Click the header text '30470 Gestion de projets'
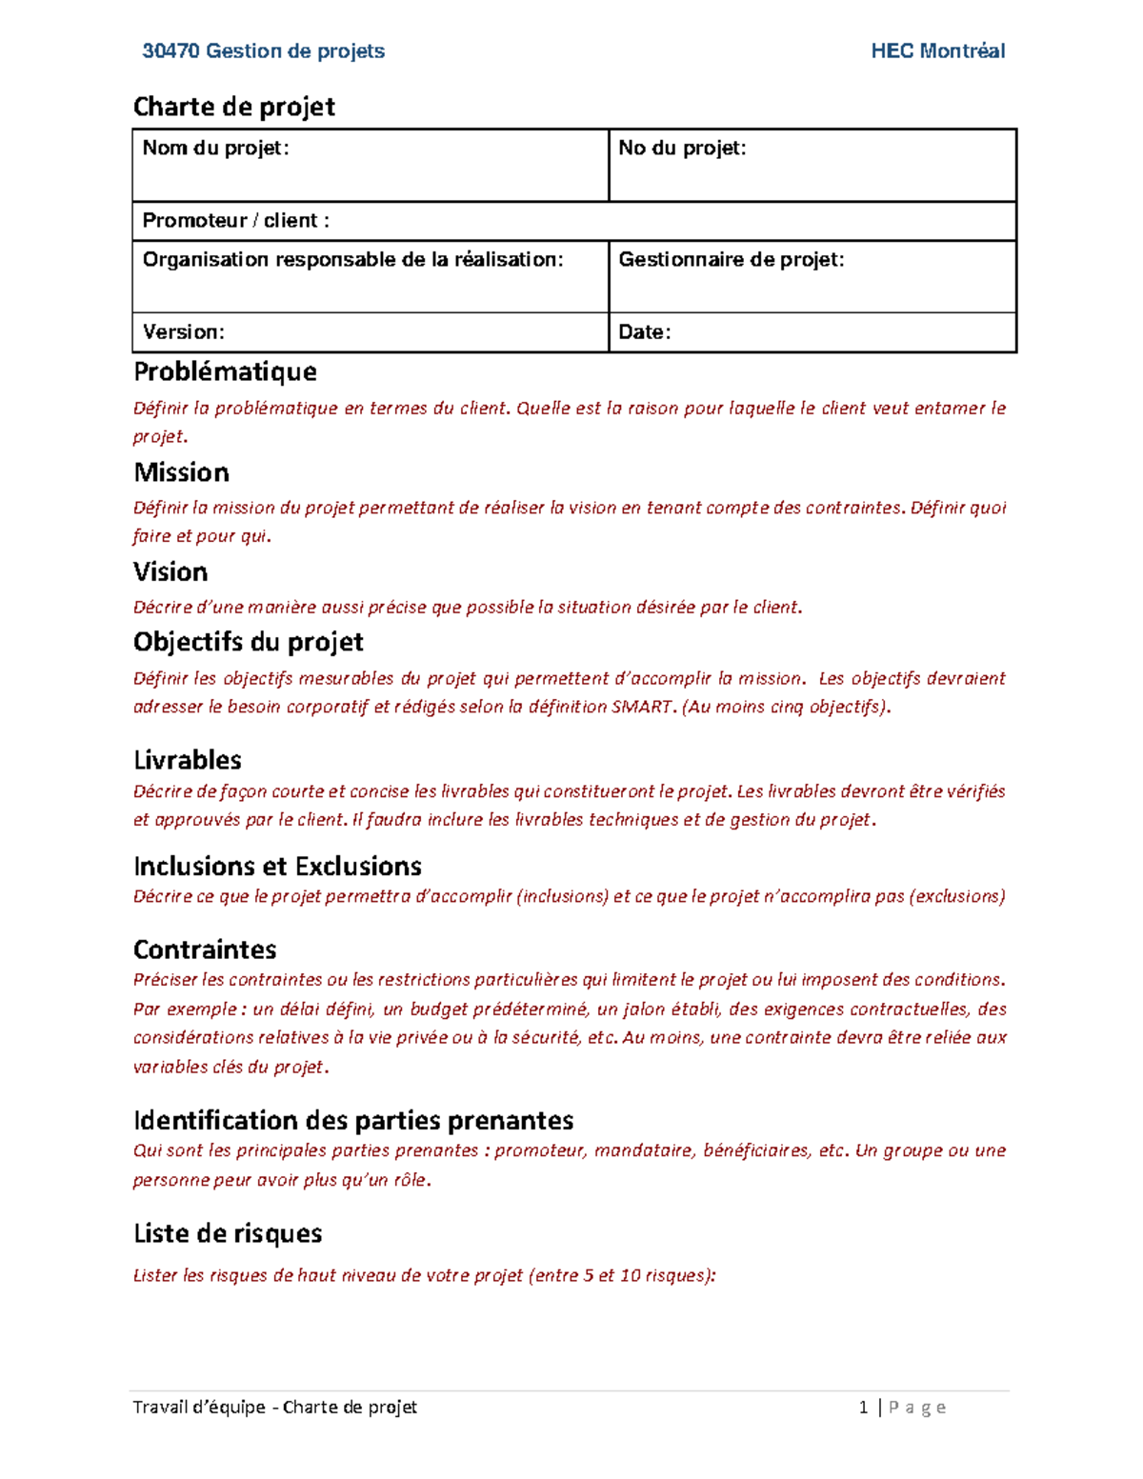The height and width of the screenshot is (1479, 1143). [x=263, y=51]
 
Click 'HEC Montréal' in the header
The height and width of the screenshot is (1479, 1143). [x=937, y=51]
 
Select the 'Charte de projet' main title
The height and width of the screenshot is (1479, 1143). [x=233, y=107]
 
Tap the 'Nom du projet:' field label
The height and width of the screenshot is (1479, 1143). [x=215, y=148]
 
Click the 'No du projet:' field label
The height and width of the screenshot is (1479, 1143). [x=682, y=148]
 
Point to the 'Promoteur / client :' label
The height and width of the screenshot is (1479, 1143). [x=235, y=221]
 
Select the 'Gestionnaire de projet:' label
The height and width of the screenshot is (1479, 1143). [x=731, y=260]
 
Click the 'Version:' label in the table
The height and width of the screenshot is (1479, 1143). [x=183, y=332]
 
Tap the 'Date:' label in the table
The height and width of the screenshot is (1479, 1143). [x=644, y=332]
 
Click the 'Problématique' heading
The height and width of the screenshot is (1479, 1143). [x=225, y=371]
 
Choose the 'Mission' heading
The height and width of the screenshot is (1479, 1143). [x=181, y=472]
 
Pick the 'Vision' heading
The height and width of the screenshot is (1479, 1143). [x=170, y=571]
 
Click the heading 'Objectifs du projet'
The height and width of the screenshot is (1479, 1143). [x=248, y=642]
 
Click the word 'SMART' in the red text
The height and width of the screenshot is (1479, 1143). [x=641, y=707]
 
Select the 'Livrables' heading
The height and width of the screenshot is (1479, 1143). [x=187, y=760]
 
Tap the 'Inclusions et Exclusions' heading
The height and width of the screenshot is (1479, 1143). [x=277, y=866]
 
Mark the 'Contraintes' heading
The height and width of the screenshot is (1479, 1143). [x=205, y=949]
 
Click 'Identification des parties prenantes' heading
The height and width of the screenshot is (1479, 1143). [x=353, y=1120]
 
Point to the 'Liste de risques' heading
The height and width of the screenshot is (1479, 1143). [x=228, y=1233]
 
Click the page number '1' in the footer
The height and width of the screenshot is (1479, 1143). [x=863, y=1408]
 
